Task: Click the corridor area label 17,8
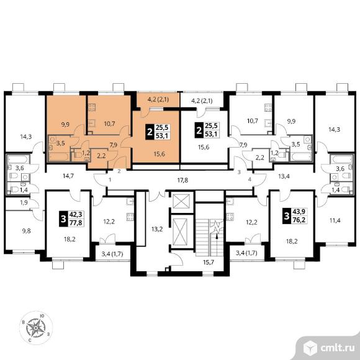[x=182, y=180]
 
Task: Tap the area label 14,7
[x=68, y=176]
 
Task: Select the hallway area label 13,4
[x=284, y=176]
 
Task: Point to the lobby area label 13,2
[x=157, y=229]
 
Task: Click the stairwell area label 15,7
[x=209, y=262]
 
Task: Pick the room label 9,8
[x=27, y=231]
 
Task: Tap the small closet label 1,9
[x=24, y=203]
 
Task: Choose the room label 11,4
[x=335, y=220]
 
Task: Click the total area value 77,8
[x=76, y=222]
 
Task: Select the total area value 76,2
[x=299, y=220]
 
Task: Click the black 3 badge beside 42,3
[x=63, y=219]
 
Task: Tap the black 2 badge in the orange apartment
[x=150, y=132]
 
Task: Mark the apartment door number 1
[x=110, y=180]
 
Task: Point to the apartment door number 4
[x=250, y=179]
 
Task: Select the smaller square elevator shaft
[x=181, y=201]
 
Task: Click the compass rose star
[x=35, y=328]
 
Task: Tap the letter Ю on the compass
[x=42, y=316]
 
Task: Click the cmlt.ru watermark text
[x=337, y=348]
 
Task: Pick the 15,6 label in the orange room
[x=160, y=154]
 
